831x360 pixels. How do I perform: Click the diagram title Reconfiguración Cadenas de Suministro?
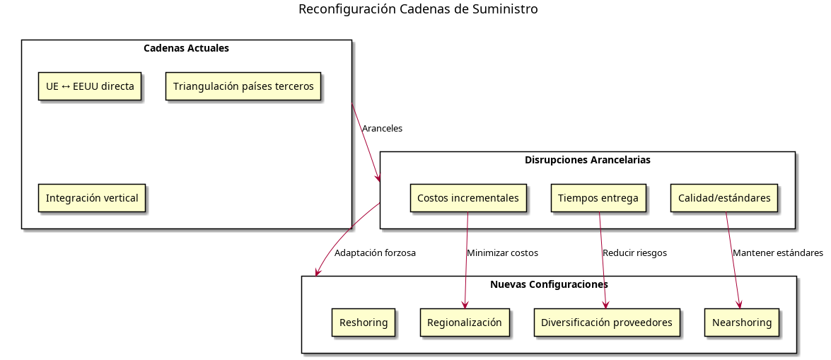pos(418,9)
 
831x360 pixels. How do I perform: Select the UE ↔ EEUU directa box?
pos(90,86)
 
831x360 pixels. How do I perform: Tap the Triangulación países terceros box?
pos(243,86)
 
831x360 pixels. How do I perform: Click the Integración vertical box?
pos(92,198)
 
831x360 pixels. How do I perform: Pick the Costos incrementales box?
pos(468,198)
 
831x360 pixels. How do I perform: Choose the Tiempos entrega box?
pos(598,198)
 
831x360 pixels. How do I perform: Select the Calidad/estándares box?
pos(724,198)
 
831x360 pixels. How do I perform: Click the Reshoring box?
pos(364,323)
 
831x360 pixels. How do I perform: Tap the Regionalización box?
pos(465,323)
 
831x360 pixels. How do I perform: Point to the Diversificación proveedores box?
pos(607,323)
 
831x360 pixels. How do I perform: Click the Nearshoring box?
pos(742,323)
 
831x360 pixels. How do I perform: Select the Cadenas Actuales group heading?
pos(186,49)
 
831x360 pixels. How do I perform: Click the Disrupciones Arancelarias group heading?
pos(588,160)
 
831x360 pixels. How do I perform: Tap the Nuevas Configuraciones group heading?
pos(549,284)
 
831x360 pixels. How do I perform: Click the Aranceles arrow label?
pos(382,129)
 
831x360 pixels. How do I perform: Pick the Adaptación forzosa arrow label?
pos(375,252)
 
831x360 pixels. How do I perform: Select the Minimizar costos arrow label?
pos(502,252)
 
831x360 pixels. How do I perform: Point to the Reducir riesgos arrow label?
pos(634,252)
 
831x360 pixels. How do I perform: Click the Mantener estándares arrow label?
pos(778,252)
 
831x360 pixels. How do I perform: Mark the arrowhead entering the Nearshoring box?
pos(740,305)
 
